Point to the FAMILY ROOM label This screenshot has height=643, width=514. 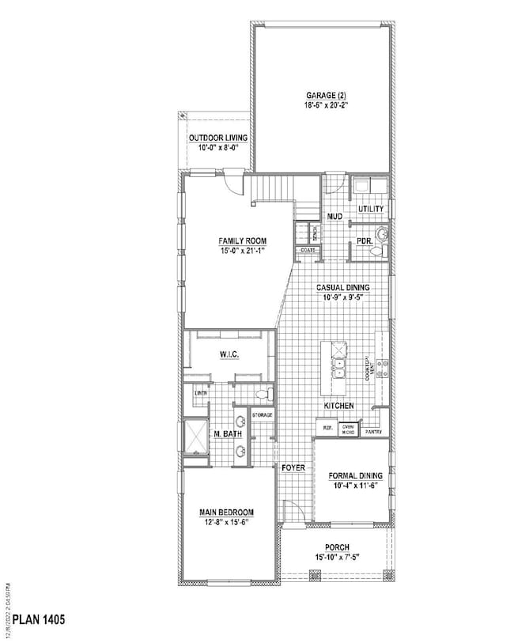point(243,240)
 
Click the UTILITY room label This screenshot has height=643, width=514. point(371,209)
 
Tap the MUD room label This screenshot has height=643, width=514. point(335,216)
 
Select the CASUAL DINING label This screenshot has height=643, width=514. point(343,288)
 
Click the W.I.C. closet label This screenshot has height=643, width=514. point(229,355)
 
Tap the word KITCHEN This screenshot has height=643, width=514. point(338,406)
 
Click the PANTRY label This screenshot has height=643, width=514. point(374,432)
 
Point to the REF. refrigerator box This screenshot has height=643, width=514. point(326,428)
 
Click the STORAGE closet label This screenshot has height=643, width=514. point(263,414)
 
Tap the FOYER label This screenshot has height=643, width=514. point(293,468)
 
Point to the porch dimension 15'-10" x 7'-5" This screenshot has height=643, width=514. point(337,557)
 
